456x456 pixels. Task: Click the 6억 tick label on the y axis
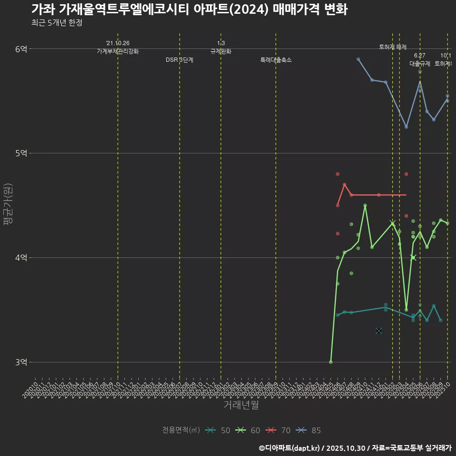click(x=21, y=48)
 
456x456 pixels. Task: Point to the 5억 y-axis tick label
click(x=21, y=153)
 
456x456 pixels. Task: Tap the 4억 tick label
click(x=21, y=257)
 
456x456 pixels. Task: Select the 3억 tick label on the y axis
click(x=21, y=362)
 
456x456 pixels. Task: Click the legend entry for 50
click(x=218, y=430)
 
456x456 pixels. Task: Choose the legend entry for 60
click(x=248, y=430)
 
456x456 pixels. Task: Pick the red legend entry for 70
click(x=278, y=430)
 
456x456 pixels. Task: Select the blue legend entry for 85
click(x=308, y=430)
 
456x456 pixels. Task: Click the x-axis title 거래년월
click(x=241, y=405)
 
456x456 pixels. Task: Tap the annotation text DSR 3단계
click(x=180, y=60)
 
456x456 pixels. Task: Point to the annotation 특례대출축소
click(x=276, y=60)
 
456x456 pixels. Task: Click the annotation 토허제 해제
click(x=393, y=47)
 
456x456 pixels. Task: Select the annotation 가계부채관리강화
click(x=118, y=51)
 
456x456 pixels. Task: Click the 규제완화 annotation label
click(x=220, y=51)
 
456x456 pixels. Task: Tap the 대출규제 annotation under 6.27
click(x=420, y=64)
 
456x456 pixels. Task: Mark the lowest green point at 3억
click(x=331, y=362)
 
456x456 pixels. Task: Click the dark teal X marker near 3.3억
click(x=379, y=331)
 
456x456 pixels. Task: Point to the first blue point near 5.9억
click(x=358, y=59)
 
